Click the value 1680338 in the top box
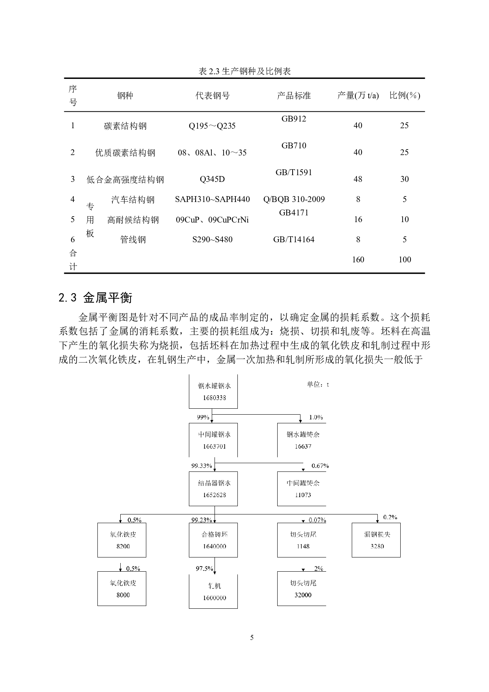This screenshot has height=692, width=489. (x=215, y=398)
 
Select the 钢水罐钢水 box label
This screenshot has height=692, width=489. (x=215, y=386)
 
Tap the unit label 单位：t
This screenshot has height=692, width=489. (x=318, y=384)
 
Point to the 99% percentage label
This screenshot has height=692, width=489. (x=203, y=417)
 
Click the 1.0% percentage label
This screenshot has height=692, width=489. (x=315, y=417)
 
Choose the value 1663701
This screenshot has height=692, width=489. (x=215, y=446)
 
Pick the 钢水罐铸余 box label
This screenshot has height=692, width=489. (x=303, y=434)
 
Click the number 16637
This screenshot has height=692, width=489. (x=303, y=446)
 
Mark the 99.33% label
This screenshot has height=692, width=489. (x=202, y=466)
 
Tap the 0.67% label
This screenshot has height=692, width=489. (x=320, y=466)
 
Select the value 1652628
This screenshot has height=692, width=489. (x=215, y=495)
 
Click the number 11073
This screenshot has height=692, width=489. (x=303, y=495)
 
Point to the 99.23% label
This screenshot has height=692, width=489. (x=202, y=520)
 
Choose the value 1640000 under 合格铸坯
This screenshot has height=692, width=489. (x=215, y=546)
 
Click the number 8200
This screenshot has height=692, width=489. (x=123, y=546)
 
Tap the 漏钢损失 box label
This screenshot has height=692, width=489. (x=377, y=535)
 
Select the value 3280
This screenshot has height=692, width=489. (x=377, y=546)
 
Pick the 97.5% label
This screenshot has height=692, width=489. (x=204, y=569)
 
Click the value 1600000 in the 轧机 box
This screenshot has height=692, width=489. (x=215, y=598)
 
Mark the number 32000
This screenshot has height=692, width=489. (x=303, y=595)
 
